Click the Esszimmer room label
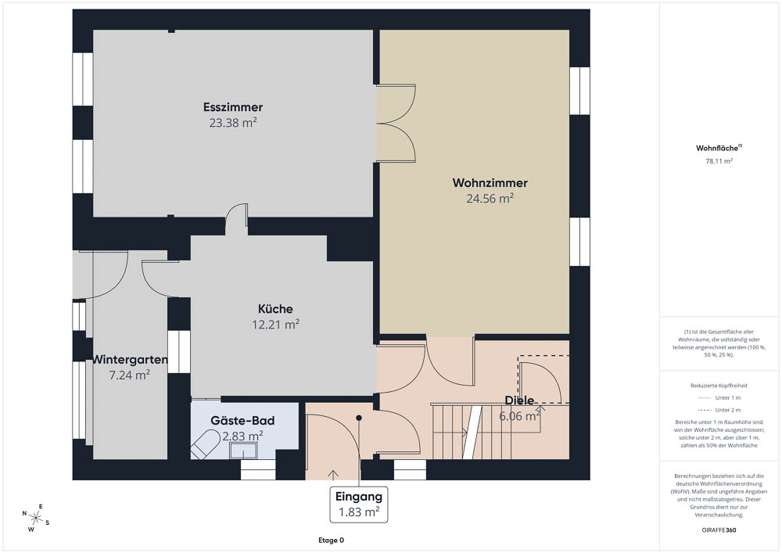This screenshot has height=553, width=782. click(233, 107)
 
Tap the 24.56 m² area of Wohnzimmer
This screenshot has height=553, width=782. click(490, 199)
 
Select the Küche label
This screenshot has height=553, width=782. click(275, 309)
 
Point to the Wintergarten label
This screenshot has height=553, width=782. click(130, 360)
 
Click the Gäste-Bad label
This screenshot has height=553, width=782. click(242, 420)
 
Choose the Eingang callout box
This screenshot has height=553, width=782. click(359, 505)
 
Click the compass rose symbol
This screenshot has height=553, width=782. click(35, 518)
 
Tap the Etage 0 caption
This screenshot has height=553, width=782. click(331, 540)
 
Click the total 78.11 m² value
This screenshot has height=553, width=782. click(719, 161)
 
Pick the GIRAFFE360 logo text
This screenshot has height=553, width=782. click(719, 530)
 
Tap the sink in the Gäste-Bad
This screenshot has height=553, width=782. click(243, 451)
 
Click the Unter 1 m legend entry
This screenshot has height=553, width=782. click(719, 398)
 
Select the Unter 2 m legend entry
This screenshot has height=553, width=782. click(719, 410)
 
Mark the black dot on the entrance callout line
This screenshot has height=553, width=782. click(359, 418)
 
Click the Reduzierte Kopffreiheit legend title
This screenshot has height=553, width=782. click(719, 386)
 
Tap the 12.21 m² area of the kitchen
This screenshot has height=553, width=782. click(275, 325)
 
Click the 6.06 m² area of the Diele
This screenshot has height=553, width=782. click(520, 416)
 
